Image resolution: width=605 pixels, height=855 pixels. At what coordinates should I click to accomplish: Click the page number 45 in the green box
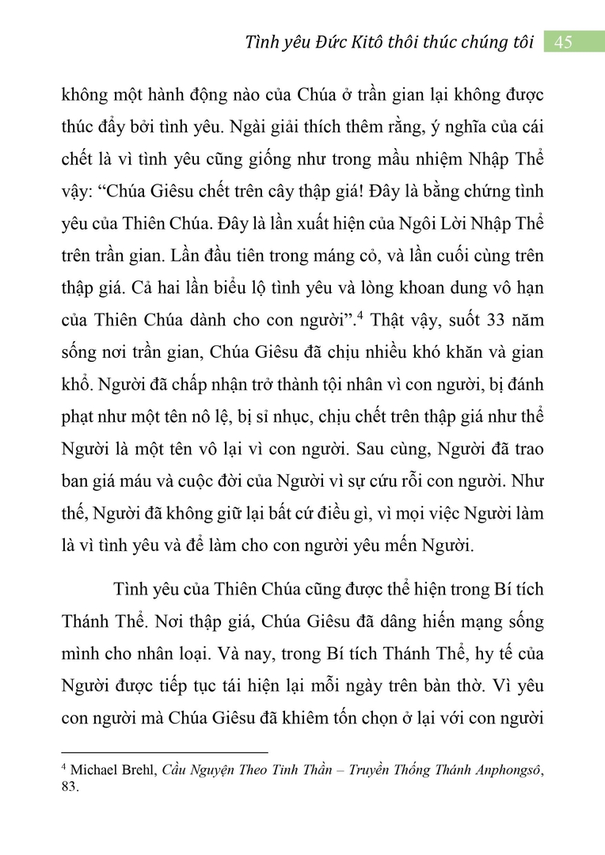click(564, 42)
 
